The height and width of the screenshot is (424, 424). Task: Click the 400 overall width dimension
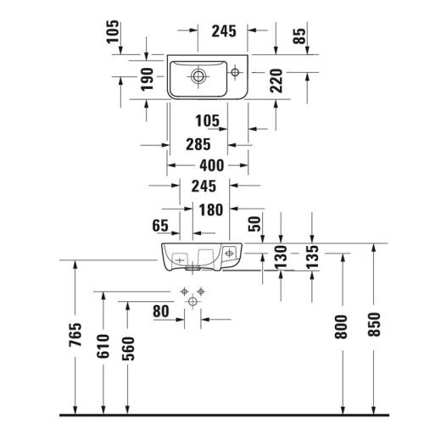(201, 166)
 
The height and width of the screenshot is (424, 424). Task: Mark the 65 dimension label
(159, 226)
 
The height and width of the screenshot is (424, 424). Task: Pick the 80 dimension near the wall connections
(162, 311)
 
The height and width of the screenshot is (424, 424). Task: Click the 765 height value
(75, 336)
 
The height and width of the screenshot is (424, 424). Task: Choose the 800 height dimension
(341, 328)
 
